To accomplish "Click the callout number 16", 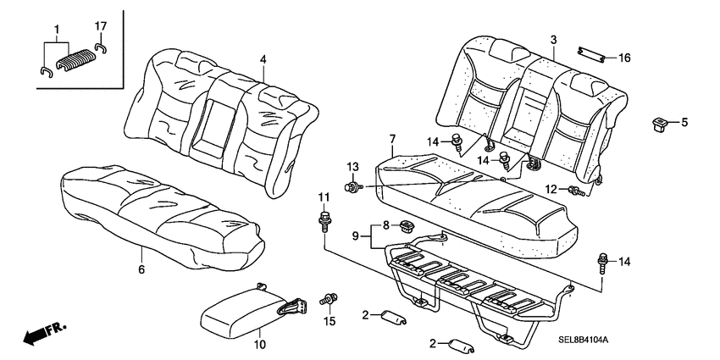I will click(624, 58).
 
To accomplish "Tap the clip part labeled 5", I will click(659, 125).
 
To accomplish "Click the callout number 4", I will click(263, 59).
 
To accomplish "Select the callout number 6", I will click(141, 269).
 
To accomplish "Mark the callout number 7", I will click(392, 139).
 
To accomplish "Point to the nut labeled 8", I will click(407, 225).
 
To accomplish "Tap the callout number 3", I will click(552, 40).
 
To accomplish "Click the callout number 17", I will click(100, 25).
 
